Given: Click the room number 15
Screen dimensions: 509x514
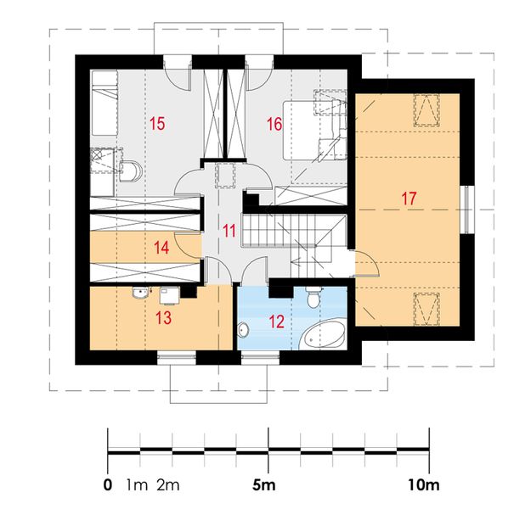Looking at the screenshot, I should (156, 124).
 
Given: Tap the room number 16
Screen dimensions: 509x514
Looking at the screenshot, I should (274, 124).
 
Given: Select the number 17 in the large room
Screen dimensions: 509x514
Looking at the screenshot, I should (409, 199).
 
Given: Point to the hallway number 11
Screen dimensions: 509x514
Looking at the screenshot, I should (229, 229).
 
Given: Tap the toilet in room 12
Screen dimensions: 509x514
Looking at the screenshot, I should (313, 297).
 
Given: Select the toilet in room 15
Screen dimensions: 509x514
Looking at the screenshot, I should (133, 171).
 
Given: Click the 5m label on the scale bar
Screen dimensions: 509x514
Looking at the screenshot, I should (265, 485).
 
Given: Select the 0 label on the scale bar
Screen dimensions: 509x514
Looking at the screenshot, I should (107, 485).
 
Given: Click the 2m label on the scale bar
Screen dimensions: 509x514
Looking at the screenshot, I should (167, 485).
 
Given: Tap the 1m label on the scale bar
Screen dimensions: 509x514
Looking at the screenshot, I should (136, 485).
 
